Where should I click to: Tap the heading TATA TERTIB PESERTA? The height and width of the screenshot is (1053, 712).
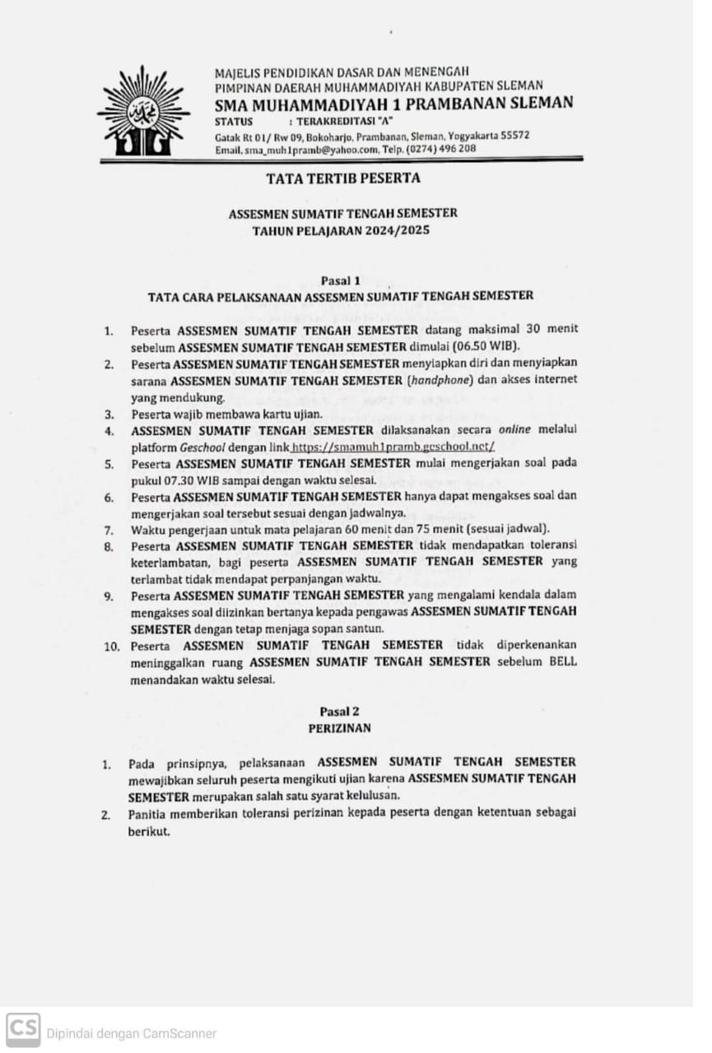342,178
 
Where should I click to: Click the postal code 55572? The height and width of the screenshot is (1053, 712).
511,135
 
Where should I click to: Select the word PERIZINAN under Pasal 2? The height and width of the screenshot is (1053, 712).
339,728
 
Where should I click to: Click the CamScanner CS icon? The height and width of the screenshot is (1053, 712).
23,1029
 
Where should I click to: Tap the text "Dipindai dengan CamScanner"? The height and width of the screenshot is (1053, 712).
131,1033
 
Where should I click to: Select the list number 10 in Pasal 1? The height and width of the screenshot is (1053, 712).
112,646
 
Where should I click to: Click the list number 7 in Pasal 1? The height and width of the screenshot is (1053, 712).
109,529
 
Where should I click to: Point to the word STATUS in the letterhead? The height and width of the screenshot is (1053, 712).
234,121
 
